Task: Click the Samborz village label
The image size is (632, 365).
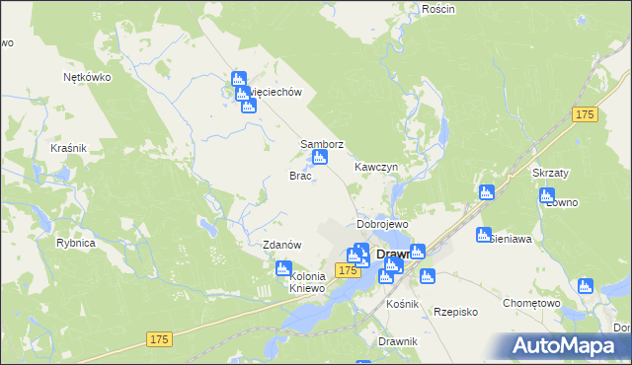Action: pos(322,144)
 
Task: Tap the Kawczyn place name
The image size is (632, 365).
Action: pos(376,168)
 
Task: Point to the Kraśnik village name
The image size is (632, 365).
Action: pos(68,148)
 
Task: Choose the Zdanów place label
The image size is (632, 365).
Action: pos(281,245)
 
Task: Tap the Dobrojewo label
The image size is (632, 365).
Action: pos(382,225)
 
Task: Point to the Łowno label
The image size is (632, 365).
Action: pos(561,202)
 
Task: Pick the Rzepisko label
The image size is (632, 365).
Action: pos(455,311)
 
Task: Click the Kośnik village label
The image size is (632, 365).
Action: pos(403,304)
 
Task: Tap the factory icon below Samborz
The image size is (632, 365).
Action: pos(319,158)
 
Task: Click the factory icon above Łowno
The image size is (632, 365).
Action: pos(548,195)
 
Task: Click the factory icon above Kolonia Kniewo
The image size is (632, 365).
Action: pos(283,267)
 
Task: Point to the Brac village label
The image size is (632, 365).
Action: pos(300,176)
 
